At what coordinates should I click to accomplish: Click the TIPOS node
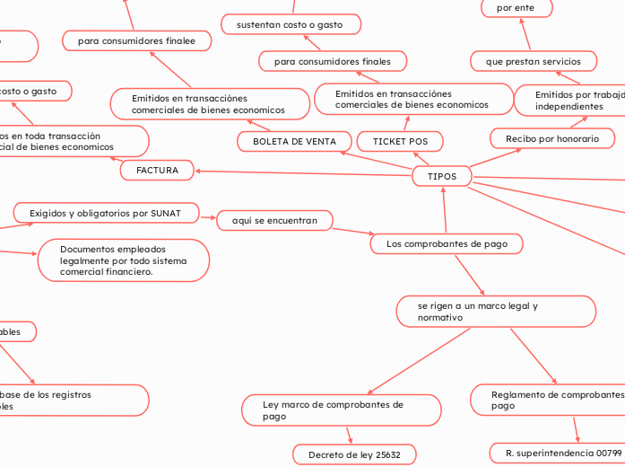tap(441, 177)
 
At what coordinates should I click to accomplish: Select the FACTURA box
tap(157, 170)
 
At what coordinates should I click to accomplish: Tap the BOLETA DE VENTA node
tap(294, 142)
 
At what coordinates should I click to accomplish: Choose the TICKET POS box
tap(400, 142)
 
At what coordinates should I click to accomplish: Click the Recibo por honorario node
tap(552, 138)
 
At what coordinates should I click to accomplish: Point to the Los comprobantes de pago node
tap(446, 243)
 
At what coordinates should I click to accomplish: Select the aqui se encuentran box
tap(274, 220)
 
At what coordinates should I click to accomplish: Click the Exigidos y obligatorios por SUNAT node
tap(105, 213)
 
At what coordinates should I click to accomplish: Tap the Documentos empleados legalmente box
tap(124, 260)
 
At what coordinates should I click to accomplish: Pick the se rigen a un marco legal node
tap(496, 312)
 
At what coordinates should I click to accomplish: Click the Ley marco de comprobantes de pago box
tap(341, 410)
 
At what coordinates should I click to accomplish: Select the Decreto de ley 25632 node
tap(355, 455)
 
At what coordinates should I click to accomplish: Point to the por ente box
tap(516, 8)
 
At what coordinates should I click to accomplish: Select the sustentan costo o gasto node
tap(291, 24)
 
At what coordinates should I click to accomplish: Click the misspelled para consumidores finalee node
tap(136, 40)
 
